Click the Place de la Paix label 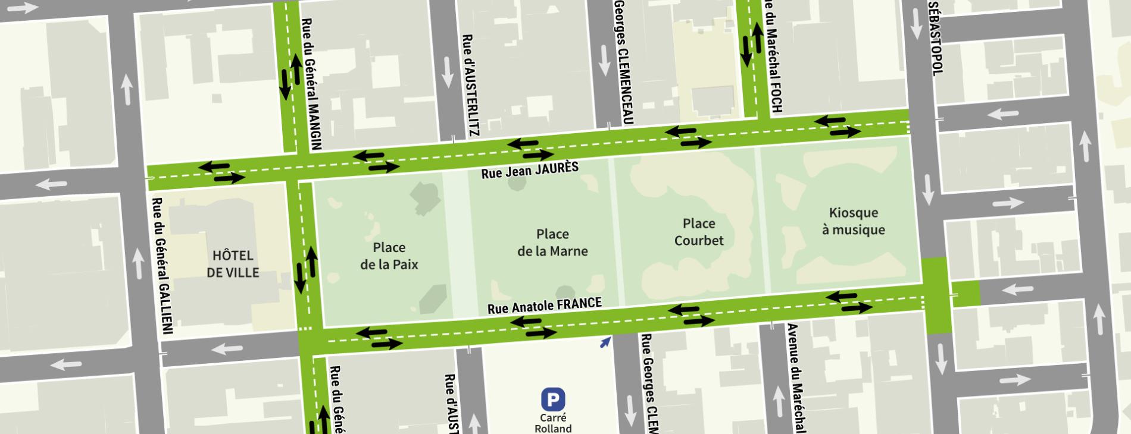389,256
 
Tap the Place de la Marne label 552,243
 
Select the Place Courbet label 699,232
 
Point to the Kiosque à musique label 853,221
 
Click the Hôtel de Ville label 233,264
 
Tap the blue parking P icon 552,399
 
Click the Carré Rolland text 553,423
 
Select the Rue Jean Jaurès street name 530,170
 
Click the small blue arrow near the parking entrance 605,342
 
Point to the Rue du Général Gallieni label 159,265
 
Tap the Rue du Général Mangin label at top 311,83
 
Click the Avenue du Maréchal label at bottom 796,378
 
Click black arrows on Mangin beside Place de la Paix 305,269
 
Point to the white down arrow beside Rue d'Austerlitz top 447,73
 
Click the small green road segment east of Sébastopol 965,294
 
